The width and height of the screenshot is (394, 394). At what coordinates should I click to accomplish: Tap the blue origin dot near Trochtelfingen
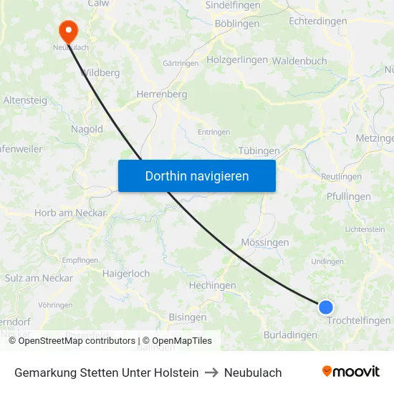(x=325, y=307)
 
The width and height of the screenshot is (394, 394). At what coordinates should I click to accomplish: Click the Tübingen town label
(x=259, y=150)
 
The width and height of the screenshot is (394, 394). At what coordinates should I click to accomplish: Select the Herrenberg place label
(x=162, y=94)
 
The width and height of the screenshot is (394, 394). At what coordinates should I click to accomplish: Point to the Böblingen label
(x=237, y=24)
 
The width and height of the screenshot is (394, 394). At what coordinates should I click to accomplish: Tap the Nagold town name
(x=87, y=130)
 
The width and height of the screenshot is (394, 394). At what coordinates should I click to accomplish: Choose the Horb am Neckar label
(x=70, y=213)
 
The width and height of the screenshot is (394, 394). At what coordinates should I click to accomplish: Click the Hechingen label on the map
(x=212, y=285)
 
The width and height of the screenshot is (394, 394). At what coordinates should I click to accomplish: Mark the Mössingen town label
(x=265, y=242)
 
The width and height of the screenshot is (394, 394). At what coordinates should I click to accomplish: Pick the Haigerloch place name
(x=126, y=274)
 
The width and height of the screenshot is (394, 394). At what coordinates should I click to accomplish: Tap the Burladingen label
(x=290, y=335)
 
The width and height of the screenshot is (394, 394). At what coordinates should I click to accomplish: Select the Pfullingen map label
(x=348, y=196)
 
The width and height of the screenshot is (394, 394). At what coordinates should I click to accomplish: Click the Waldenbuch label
(x=299, y=61)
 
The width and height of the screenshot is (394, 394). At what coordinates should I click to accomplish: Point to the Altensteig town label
(x=26, y=101)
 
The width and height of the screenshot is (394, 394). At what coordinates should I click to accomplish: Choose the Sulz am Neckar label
(x=39, y=278)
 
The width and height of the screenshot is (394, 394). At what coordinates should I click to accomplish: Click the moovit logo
(x=350, y=372)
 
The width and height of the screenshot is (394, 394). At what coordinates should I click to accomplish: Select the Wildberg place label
(x=100, y=72)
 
